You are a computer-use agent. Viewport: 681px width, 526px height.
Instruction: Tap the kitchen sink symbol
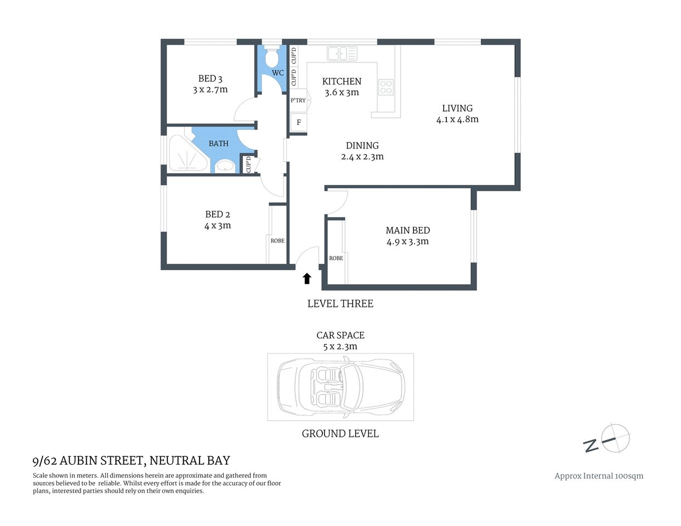[x=342, y=54]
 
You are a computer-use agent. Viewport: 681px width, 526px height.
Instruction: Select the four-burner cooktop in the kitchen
[x=386, y=87]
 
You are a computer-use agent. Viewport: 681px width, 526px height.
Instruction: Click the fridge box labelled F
[x=299, y=122]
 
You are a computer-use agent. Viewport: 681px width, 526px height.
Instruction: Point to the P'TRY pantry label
[x=298, y=100]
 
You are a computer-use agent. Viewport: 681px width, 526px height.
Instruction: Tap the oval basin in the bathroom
[x=224, y=165]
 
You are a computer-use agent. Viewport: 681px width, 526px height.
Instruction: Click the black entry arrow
[x=307, y=278]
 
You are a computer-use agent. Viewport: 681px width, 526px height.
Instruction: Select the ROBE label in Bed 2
[x=277, y=241]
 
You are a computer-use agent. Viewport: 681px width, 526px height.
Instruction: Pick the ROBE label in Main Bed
[x=336, y=258]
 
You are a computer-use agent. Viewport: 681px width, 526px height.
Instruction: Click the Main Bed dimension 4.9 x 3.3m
[x=407, y=242]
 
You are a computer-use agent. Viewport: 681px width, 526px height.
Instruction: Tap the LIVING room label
[x=457, y=108]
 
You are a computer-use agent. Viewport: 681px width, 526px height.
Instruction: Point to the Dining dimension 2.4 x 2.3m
[x=362, y=157]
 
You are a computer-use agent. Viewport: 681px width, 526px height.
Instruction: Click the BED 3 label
[x=210, y=78]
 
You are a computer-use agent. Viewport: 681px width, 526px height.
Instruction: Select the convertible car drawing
[x=340, y=387]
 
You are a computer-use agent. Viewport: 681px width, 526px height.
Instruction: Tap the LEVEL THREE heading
[x=340, y=304]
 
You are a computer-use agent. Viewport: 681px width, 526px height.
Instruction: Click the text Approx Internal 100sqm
[x=599, y=476]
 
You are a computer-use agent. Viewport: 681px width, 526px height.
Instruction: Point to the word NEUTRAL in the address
[x=177, y=461]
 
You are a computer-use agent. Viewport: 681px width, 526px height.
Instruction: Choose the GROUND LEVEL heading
[x=340, y=433]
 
